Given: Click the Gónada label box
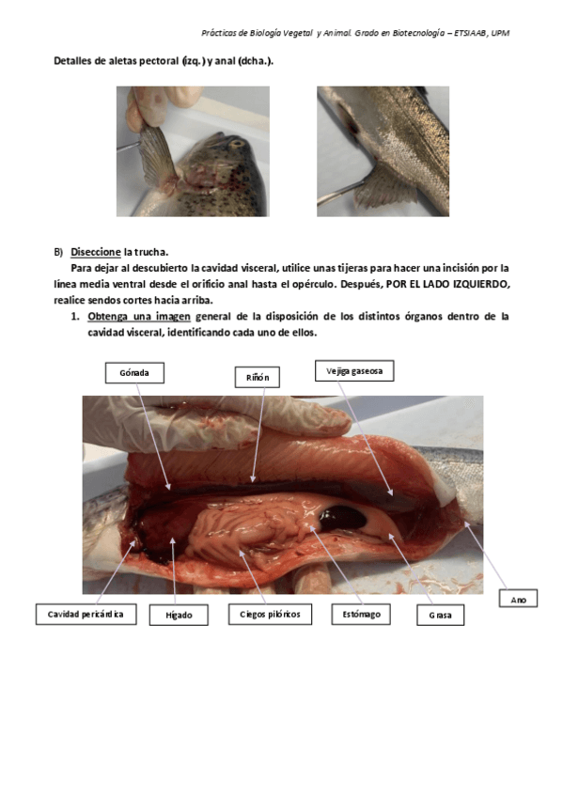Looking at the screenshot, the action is pyautogui.click(x=134, y=372).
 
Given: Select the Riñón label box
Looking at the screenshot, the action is pyautogui.click(x=258, y=377).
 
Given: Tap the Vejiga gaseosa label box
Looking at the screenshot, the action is pyautogui.click(x=354, y=371).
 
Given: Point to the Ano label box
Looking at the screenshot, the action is pyautogui.click(x=518, y=599).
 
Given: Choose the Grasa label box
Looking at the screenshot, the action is pyautogui.click(x=440, y=615).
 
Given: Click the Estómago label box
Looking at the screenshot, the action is pyautogui.click(x=361, y=614).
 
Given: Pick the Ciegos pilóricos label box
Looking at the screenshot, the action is pyautogui.click(x=270, y=614).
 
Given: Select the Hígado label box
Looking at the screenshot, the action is pyautogui.click(x=179, y=615).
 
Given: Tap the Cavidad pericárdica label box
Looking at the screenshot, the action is pyautogui.click(x=86, y=614).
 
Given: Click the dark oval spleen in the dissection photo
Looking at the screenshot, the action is pyautogui.click(x=343, y=519).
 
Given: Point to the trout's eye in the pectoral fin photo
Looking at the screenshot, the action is pyautogui.click(x=237, y=144).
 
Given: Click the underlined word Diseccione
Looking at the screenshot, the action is pyautogui.click(x=96, y=252).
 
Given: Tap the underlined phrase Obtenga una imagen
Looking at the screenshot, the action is pyautogui.click(x=139, y=317).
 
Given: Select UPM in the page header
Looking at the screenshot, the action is pyautogui.click(x=500, y=33).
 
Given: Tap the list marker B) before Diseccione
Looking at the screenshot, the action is pyautogui.click(x=58, y=252).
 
